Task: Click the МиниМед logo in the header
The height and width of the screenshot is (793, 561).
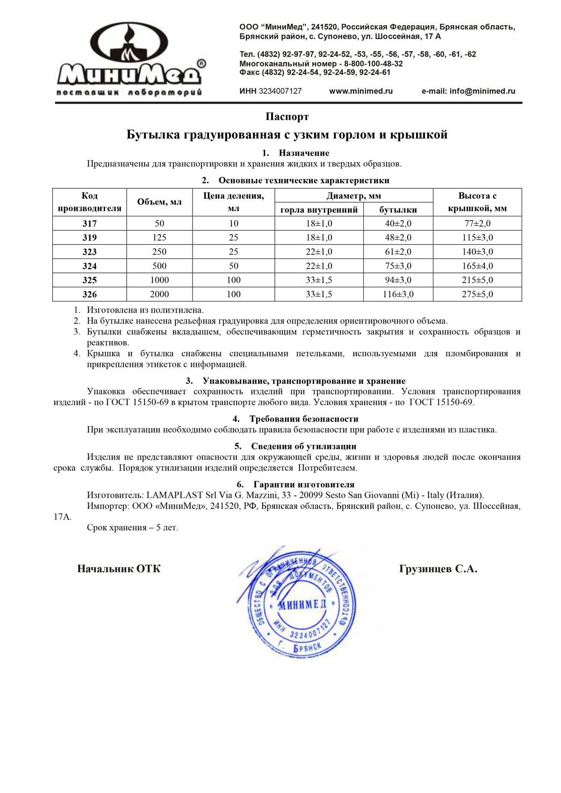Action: click(130, 59)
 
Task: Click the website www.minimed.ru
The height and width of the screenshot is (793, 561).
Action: click(360, 91)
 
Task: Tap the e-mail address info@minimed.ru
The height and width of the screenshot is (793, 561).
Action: click(482, 91)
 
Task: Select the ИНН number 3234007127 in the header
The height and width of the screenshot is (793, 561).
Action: click(280, 91)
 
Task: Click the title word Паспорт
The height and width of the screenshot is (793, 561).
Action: click(287, 116)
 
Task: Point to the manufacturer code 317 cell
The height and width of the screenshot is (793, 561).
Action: click(89, 223)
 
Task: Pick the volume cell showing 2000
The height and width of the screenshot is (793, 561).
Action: click(159, 294)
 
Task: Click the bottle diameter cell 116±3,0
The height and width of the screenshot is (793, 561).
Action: click(398, 294)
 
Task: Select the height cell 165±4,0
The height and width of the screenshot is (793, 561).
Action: click(477, 266)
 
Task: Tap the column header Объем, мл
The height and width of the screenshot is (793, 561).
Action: click(159, 202)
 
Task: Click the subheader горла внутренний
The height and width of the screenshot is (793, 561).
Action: click(319, 210)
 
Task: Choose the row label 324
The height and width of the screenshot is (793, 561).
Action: click(89, 266)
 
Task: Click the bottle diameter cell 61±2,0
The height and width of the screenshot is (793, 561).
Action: click(398, 252)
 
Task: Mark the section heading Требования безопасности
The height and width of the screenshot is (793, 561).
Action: click(303, 419)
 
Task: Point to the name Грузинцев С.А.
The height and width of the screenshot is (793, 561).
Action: click(438, 569)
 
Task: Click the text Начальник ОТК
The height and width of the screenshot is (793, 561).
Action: click(119, 569)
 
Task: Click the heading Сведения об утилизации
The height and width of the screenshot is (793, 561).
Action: click(303, 446)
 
